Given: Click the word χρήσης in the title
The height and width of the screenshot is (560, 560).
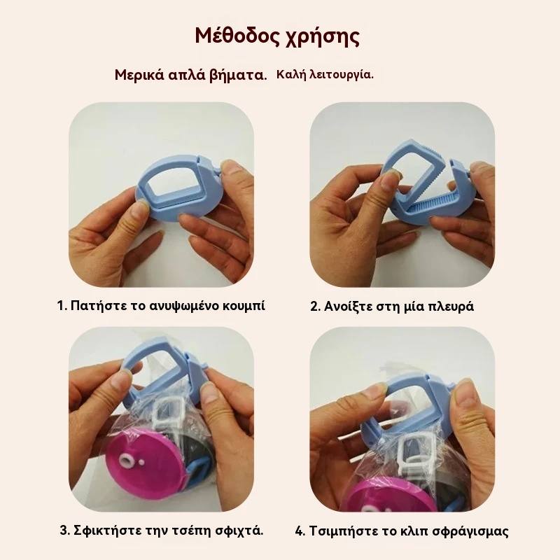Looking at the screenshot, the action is tap(322, 37).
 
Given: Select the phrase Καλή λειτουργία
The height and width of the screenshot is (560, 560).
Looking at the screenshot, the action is tap(325, 75).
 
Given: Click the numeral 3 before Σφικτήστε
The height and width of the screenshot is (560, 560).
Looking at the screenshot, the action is tap(64, 531).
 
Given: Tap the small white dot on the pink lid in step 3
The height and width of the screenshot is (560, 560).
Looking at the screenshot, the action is tap(142, 463).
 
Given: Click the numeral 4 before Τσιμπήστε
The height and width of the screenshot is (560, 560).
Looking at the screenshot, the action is tap(300, 531).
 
